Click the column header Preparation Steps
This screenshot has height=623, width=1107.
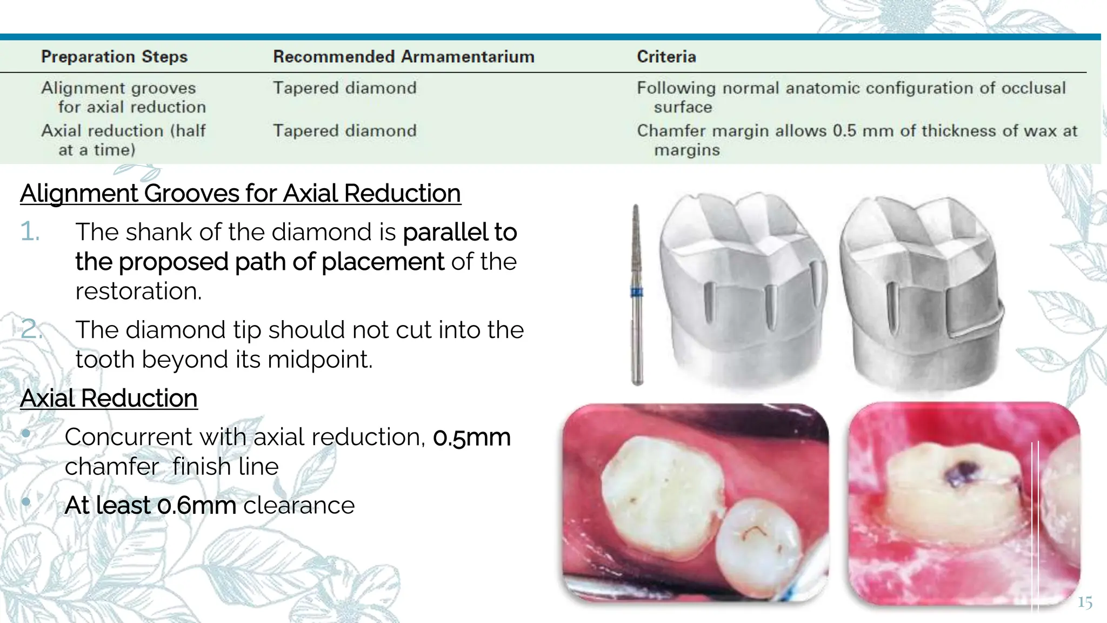click(x=114, y=56)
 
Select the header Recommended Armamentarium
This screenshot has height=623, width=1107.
click(x=403, y=56)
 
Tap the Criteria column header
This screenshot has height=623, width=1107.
click(x=666, y=56)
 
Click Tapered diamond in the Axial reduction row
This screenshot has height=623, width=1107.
click(x=344, y=131)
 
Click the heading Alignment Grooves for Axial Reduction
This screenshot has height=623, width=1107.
click(x=240, y=194)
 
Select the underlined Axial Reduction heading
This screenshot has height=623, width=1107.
click(x=109, y=399)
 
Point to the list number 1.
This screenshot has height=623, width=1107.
click(x=30, y=232)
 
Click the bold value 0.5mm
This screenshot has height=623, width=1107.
click(x=471, y=437)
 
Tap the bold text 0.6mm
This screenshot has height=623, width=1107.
click(x=196, y=506)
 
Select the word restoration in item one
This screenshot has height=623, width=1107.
click(x=138, y=291)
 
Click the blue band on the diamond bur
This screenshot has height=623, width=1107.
click(x=637, y=293)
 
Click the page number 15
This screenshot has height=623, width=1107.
click(x=1084, y=602)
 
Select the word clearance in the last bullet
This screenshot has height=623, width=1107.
click(x=299, y=506)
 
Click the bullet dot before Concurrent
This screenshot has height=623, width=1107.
click(x=26, y=433)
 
